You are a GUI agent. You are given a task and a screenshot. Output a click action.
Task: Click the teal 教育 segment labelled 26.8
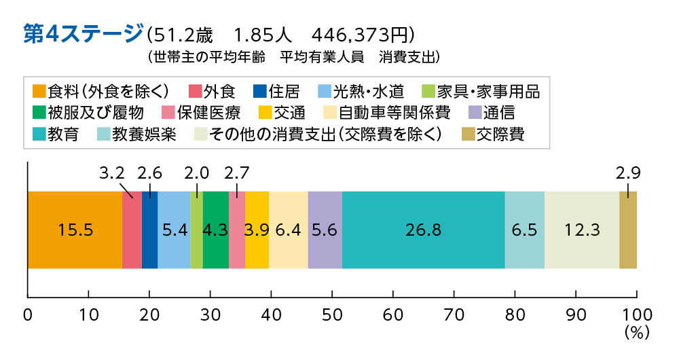pyautogui.click(x=424, y=230)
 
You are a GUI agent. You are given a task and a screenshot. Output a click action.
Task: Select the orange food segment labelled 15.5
pyautogui.click(x=75, y=230)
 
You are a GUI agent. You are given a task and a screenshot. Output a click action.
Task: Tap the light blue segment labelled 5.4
pyautogui.click(x=174, y=230)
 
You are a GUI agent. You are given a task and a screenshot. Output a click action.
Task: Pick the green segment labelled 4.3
pyautogui.click(x=216, y=230)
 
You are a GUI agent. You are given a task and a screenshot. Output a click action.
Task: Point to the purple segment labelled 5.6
pyautogui.click(x=325, y=230)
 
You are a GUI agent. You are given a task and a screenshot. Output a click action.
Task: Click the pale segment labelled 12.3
pyautogui.click(x=581, y=230)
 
